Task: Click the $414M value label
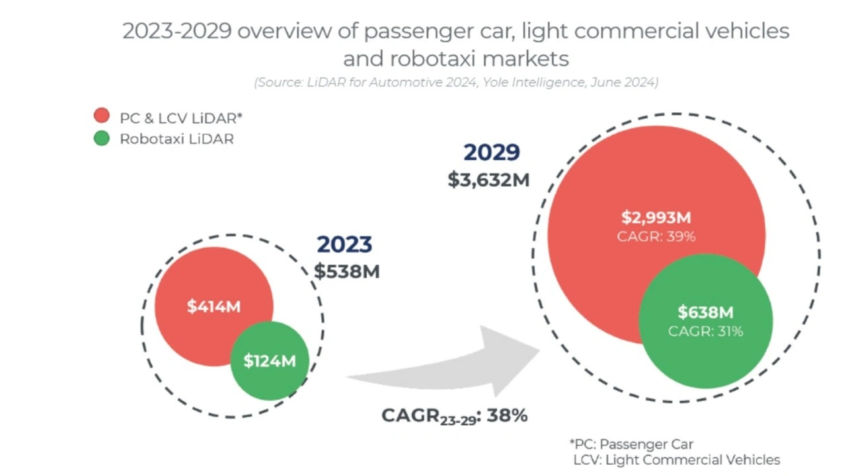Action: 213,306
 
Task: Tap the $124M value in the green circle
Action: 269,361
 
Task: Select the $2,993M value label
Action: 656,217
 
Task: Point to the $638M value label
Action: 705,312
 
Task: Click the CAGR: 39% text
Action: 656,236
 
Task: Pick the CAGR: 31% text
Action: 705,331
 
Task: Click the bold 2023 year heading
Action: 344,244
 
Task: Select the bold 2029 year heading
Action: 491,153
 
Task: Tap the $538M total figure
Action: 347,271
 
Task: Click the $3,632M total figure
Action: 488,180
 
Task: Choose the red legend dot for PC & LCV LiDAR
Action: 101,116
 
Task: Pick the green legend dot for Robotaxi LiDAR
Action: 101,139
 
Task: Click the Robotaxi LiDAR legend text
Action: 176,139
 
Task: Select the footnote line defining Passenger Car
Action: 631,444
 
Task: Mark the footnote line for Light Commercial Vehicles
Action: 676,460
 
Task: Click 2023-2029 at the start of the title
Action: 176,32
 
